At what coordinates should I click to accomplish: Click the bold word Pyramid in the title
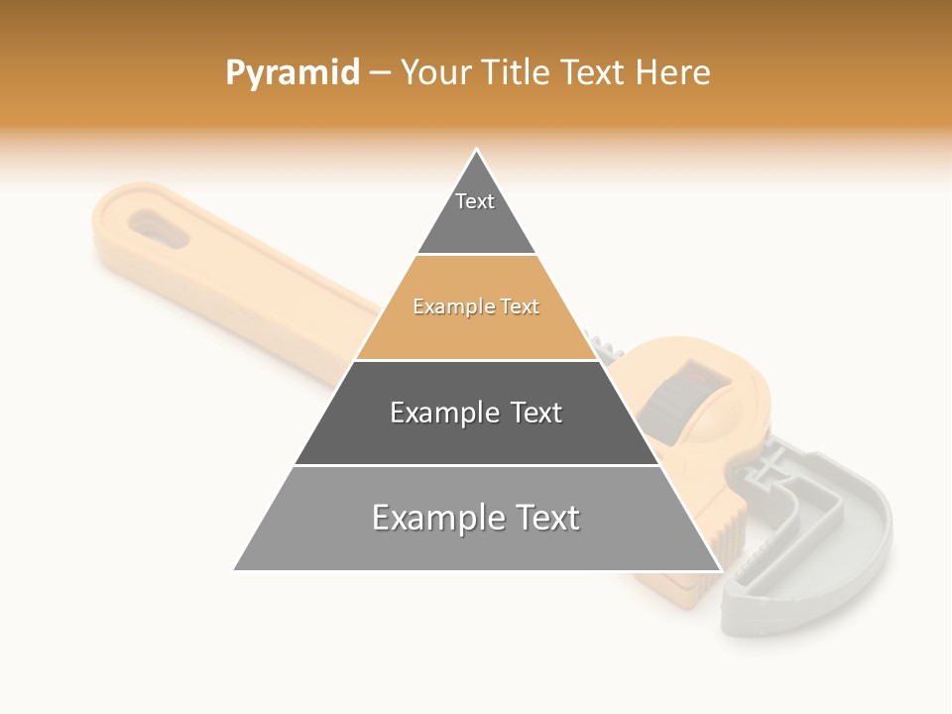pos(293,73)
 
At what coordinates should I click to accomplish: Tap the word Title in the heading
pos(516,72)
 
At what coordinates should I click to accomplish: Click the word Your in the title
pos(437,72)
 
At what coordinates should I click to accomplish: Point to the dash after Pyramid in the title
pos(380,73)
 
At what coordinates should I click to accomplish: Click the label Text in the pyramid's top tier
pos(475,201)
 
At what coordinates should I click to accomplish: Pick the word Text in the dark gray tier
pos(535,413)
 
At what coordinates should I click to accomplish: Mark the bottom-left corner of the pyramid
pos(234,570)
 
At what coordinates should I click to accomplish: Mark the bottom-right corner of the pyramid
pos(720,570)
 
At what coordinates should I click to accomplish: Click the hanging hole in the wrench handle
pos(155,227)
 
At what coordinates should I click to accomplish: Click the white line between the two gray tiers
pos(477,465)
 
